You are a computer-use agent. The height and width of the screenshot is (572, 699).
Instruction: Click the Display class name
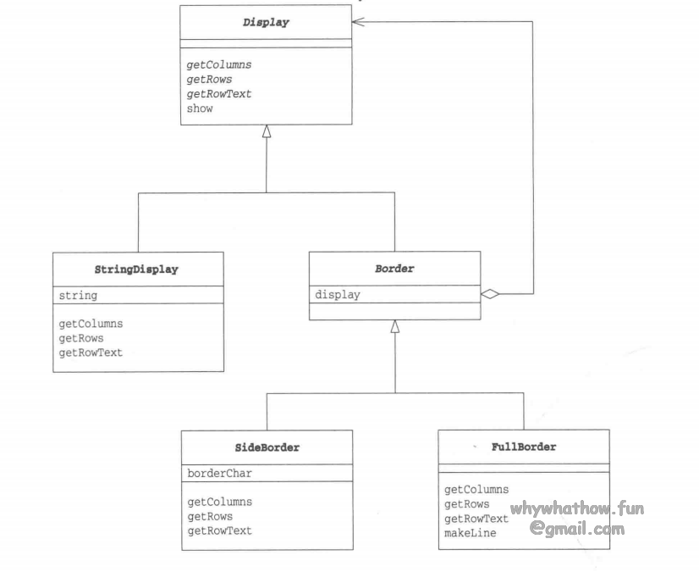[266, 23]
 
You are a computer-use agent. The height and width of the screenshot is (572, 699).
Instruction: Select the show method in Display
[200, 108]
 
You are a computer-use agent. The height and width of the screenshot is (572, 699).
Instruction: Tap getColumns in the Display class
[218, 64]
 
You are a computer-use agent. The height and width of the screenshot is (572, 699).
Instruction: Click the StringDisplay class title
[137, 269]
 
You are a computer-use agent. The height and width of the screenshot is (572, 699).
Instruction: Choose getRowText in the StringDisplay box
[91, 353]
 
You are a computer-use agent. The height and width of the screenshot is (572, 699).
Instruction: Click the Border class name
[394, 269]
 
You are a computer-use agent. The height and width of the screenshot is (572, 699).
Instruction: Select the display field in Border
[338, 295]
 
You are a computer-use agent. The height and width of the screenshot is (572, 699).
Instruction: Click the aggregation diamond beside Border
[490, 294]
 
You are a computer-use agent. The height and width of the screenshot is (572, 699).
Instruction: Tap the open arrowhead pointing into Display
[360, 22]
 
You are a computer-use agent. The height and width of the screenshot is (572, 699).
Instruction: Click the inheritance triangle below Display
[267, 131]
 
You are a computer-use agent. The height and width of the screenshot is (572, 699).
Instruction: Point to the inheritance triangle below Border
[394, 326]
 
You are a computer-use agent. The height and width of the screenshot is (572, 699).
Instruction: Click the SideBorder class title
[267, 447]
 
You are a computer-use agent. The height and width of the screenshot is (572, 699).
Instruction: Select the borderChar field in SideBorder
[218, 474]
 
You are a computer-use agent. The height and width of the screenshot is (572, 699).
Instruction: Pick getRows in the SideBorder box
[210, 516]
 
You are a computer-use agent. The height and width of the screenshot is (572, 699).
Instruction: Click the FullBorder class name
[523, 447]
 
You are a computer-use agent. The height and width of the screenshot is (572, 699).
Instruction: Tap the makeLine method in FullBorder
[470, 533]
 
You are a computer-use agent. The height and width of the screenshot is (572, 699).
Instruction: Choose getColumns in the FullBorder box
[476, 489]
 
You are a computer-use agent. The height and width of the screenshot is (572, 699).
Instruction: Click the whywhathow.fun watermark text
[576, 510]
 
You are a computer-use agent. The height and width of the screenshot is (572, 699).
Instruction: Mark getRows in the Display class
[209, 80]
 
